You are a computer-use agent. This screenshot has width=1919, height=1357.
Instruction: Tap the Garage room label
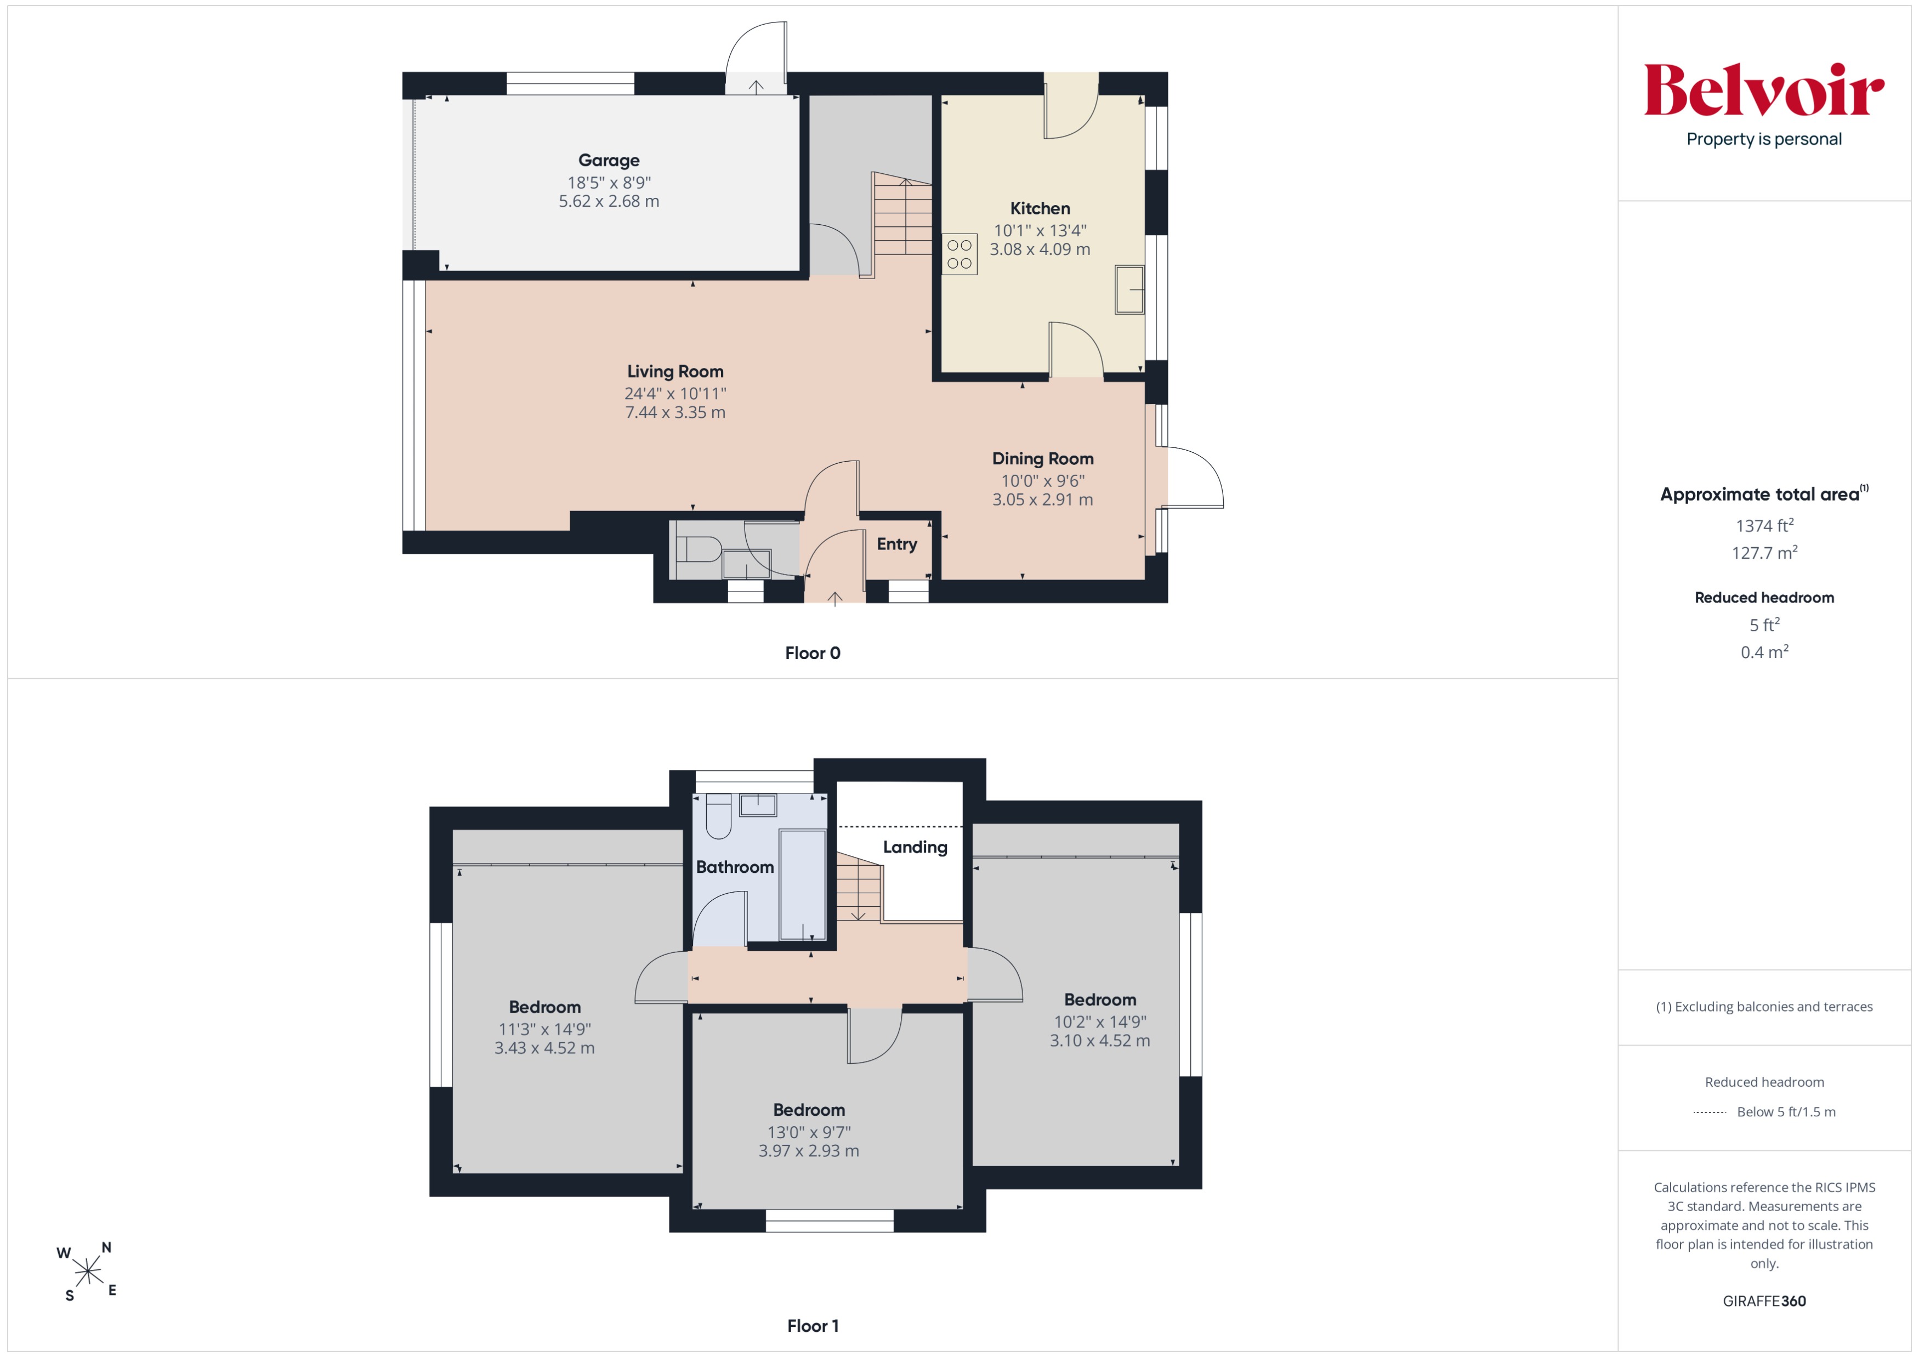609,161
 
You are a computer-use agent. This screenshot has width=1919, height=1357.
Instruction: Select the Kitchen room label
1040,208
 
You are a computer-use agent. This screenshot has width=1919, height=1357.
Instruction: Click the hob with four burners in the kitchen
959,254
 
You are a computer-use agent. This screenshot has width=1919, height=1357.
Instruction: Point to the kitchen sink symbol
1129,289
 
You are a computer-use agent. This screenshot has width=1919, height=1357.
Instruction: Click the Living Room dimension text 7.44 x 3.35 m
675,412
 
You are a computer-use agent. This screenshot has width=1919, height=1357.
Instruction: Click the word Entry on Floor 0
897,544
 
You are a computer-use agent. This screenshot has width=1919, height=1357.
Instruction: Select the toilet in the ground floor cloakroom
698,549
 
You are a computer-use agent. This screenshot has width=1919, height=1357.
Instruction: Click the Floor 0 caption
813,652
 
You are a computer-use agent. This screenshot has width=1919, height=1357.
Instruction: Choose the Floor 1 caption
813,1325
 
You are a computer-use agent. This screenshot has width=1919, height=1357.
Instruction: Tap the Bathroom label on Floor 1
735,866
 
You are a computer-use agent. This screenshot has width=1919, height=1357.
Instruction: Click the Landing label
915,847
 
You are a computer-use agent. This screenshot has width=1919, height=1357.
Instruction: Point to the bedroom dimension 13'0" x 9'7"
809,1132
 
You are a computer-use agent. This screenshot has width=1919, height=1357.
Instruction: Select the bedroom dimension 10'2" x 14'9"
1100,1021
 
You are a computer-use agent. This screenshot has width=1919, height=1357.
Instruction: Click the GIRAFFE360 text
1764,1301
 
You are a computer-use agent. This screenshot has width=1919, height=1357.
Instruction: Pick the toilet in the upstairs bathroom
719,815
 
